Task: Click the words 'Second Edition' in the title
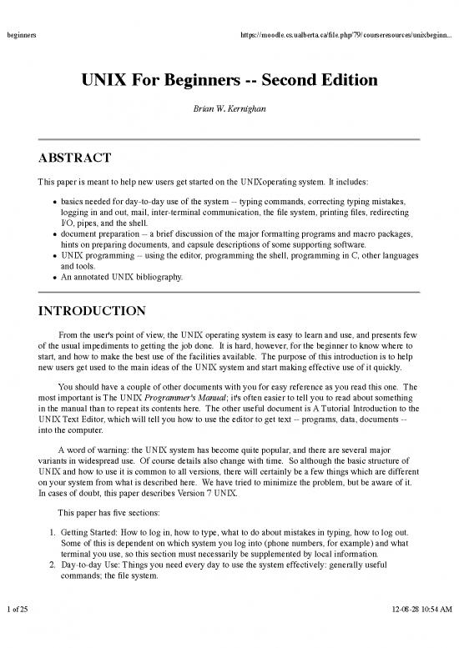click(323, 81)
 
